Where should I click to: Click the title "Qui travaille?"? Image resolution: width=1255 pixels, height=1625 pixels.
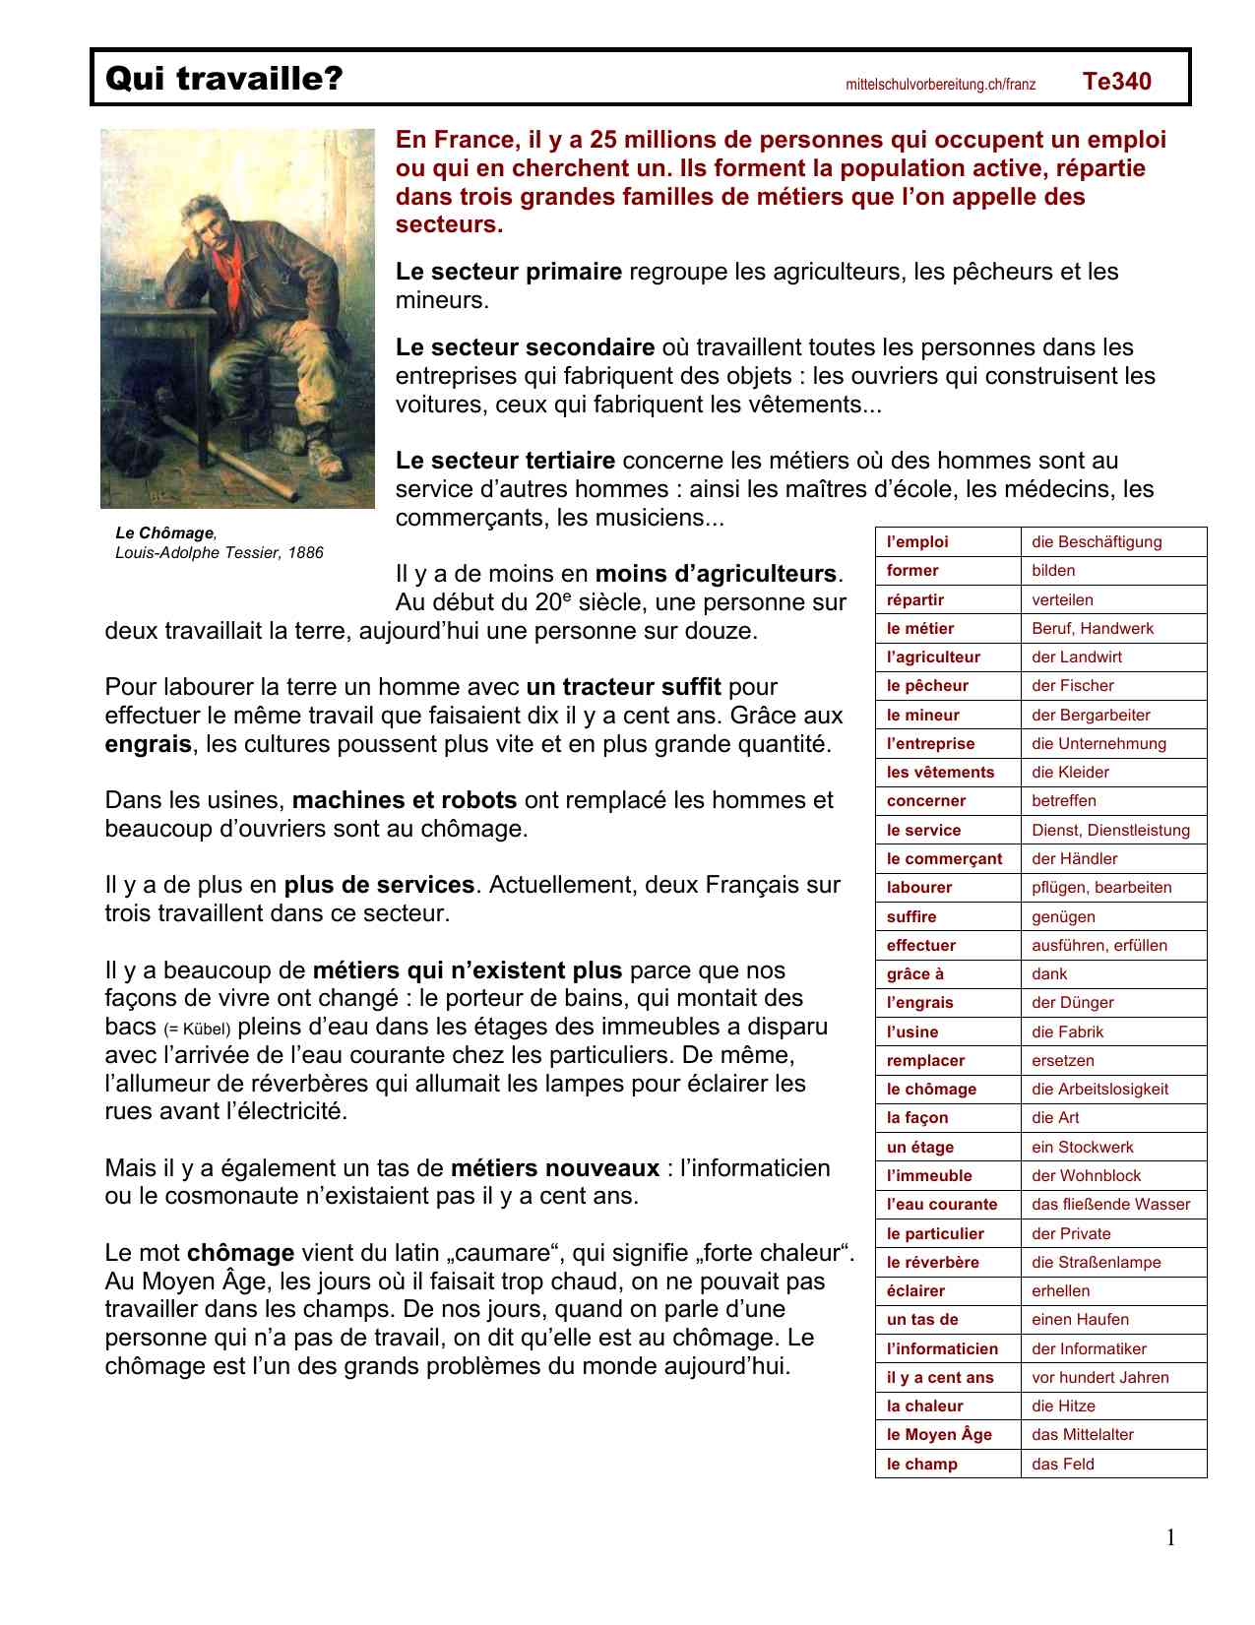pyautogui.click(x=223, y=78)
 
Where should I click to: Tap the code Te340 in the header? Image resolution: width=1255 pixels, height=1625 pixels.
pyautogui.click(x=1116, y=81)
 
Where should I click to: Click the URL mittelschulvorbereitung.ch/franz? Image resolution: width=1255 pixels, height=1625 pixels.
pyautogui.click(x=940, y=85)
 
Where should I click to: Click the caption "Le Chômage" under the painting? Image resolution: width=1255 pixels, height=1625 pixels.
pyautogui.click(x=163, y=532)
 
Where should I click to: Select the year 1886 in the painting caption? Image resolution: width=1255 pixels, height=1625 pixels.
pyautogui.click(x=304, y=552)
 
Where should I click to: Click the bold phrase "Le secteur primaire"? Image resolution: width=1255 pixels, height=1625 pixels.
pyautogui.click(x=508, y=272)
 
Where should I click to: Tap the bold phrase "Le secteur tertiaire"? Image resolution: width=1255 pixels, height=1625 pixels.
pyautogui.click(x=505, y=461)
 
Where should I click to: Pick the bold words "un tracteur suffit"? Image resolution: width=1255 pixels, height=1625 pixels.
pyautogui.click(x=623, y=687)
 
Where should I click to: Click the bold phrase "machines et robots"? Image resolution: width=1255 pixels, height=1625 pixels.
pyautogui.click(x=404, y=800)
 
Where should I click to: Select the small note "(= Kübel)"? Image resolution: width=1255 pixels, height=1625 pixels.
pyautogui.click(x=197, y=1030)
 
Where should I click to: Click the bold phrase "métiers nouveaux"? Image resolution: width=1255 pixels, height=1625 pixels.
pyautogui.click(x=554, y=1168)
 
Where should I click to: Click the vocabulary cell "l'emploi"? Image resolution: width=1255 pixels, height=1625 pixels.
pyautogui.click(x=917, y=541)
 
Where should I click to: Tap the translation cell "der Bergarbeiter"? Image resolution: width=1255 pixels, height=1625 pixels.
pyautogui.click(x=1091, y=715)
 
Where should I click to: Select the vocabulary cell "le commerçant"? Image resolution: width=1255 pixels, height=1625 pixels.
pyautogui.click(x=944, y=858)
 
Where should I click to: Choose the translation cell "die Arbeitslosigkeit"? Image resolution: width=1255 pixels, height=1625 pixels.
pyautogui.click(x=1099, y=1089)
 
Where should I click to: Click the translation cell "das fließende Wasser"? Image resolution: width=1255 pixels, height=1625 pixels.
pyautogui.click(x=1110, y=1204)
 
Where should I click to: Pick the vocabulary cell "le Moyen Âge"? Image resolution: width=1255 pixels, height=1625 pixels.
pyautogui.click(x=939, y=1434)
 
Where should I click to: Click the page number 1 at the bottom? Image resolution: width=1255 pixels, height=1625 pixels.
pyautogui.click(x=1170, y=1537)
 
